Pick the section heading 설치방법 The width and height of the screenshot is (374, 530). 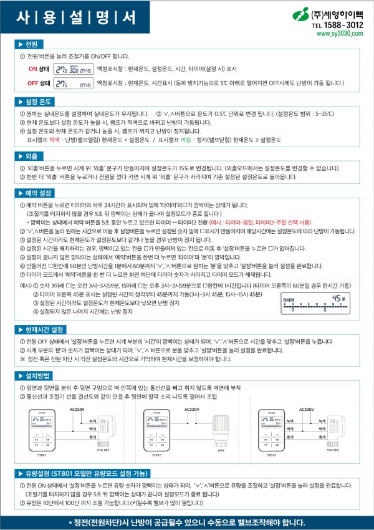(x=36, y=375)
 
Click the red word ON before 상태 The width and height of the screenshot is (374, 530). (x=33, y=69)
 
